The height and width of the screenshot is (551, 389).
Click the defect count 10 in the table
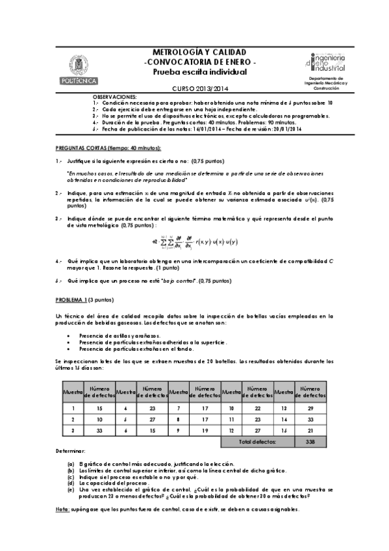coord(99,419)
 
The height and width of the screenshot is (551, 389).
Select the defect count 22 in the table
coord(258,408)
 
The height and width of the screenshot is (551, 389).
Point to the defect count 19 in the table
coord(205,430)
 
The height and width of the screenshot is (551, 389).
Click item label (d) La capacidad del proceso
coord(71,483)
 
